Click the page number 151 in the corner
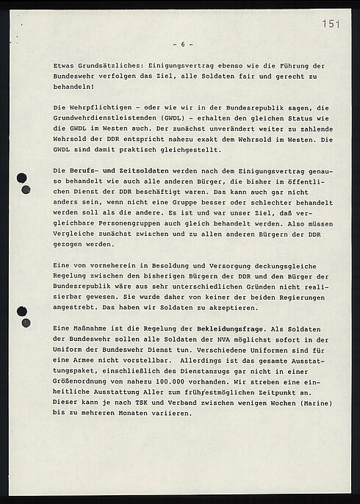331,24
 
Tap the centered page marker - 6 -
181,43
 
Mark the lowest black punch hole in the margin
26,323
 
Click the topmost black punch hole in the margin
22,177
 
